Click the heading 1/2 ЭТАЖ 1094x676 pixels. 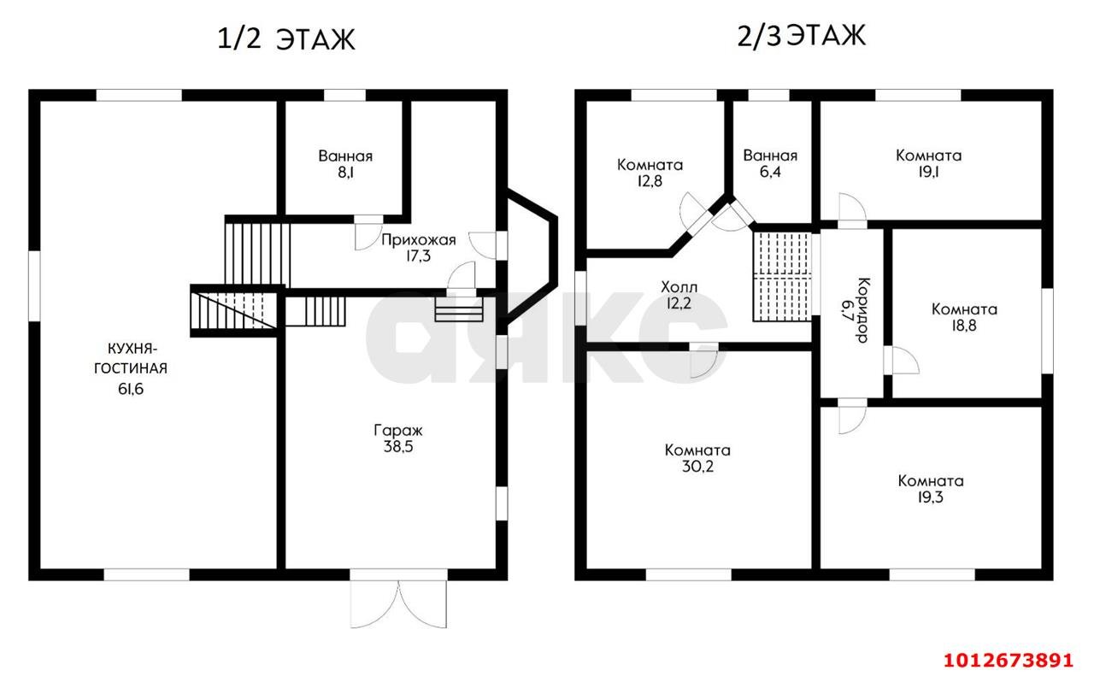(285, 39)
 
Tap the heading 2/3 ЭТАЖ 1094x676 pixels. (801, 36)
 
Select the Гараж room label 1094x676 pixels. (398, 431)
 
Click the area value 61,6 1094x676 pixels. (131, 389)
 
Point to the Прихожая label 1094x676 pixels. (419, 240)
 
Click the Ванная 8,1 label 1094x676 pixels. (345, 164)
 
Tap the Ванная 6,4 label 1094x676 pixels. (770, 163)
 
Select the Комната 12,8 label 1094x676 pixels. (650, 173)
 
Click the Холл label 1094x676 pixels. (679, 286)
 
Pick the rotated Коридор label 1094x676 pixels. (863, 310)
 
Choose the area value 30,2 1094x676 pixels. (697, 467)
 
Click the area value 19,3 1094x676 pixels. (930, 497)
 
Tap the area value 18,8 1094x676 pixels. (963, 326)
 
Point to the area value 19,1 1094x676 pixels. (928, 172)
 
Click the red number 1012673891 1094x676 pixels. (1008, 661)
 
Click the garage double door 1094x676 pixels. (398, 604)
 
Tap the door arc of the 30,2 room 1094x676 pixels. (703, 364)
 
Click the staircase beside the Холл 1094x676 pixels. (782, 276)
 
